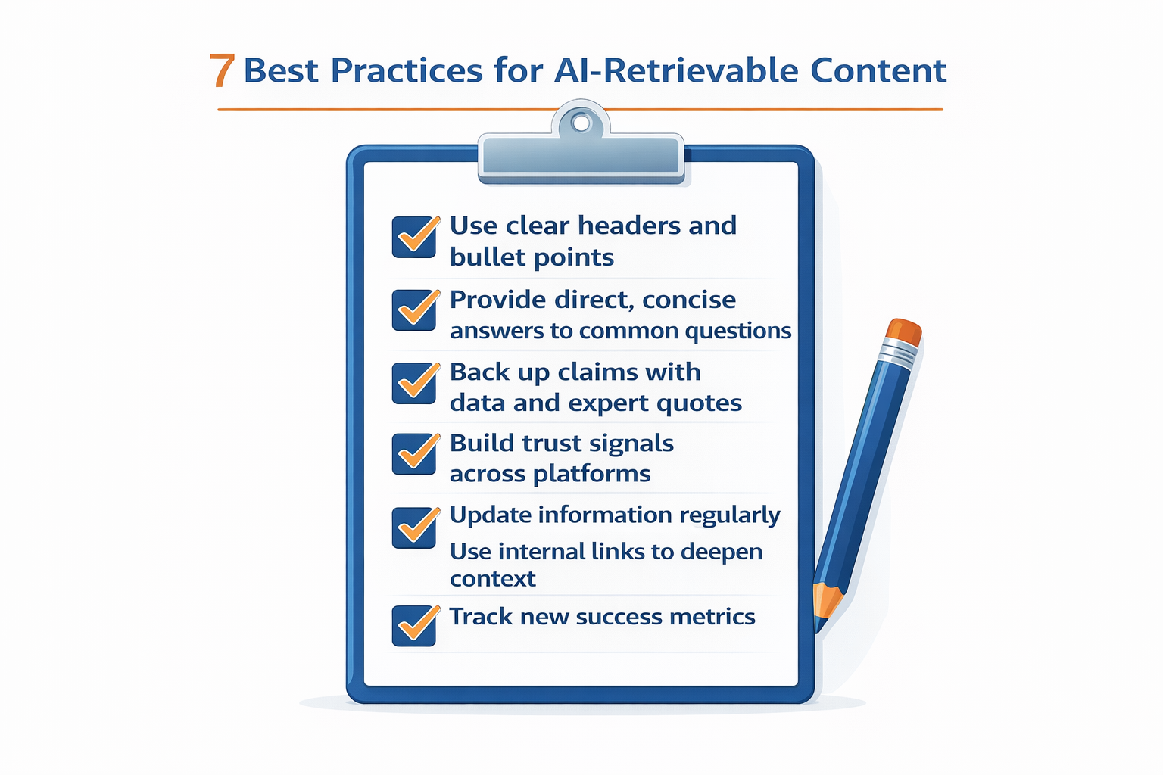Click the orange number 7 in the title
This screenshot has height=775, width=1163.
222,70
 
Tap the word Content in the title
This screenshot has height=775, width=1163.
878,70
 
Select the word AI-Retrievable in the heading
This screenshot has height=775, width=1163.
676,70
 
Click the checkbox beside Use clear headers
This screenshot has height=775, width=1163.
414,237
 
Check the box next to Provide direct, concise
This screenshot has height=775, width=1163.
414,310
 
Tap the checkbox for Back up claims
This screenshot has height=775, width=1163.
414,383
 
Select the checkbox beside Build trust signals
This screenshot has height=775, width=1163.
414,454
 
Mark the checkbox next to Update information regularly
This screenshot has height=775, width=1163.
414,527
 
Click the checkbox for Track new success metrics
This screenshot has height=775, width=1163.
414,625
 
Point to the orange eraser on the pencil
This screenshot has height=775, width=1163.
904,331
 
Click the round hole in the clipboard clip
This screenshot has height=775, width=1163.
581,123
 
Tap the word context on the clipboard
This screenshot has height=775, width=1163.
492,579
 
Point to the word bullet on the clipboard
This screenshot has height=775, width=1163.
482,257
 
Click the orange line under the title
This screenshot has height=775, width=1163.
580,110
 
